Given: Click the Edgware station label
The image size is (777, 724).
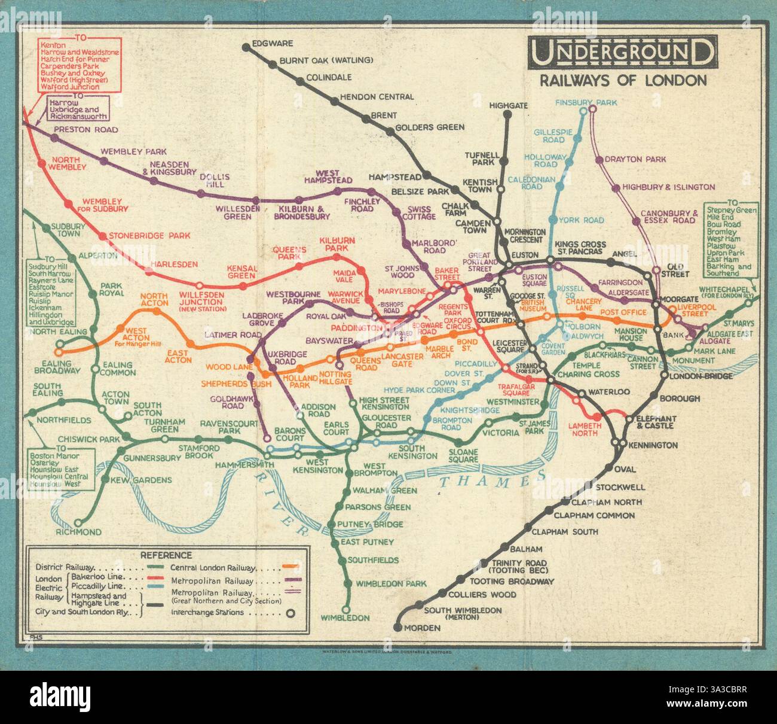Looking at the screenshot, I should pyautogui.click(x=272, y=44).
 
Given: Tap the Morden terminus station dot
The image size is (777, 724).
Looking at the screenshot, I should pyautogui.click(x=397, y=628).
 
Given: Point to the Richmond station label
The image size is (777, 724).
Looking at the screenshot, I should pyautogui.click(x=79, y=532).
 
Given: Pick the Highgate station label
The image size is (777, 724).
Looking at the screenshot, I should pyautogui.click(x=509, y=106).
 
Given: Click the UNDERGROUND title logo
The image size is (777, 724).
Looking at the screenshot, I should pyautogui.click(x=622, y=52).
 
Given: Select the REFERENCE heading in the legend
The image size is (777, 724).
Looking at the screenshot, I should pyautogui.click(x=166, y=555).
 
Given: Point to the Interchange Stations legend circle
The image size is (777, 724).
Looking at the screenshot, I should pyautogui.click(x=290, y=613).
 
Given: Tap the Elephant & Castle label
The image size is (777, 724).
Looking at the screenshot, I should pyautogui.click(x=656, y=422).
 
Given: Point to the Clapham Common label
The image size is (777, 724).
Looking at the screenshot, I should pyautogui.click(x=594, y=515).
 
